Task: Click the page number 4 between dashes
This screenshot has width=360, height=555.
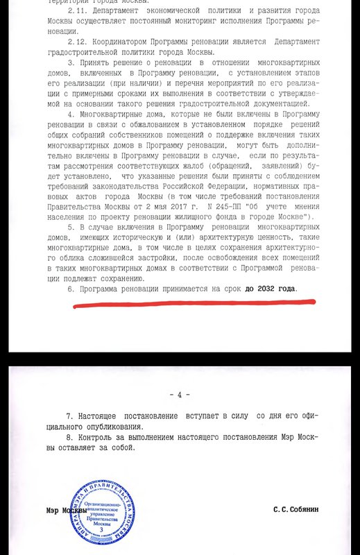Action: click(179, 395)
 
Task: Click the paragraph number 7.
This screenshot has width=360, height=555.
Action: click(69, 415)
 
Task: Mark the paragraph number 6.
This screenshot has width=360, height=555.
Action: click(69, 287)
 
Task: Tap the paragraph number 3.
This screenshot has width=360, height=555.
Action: click(69, 64)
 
